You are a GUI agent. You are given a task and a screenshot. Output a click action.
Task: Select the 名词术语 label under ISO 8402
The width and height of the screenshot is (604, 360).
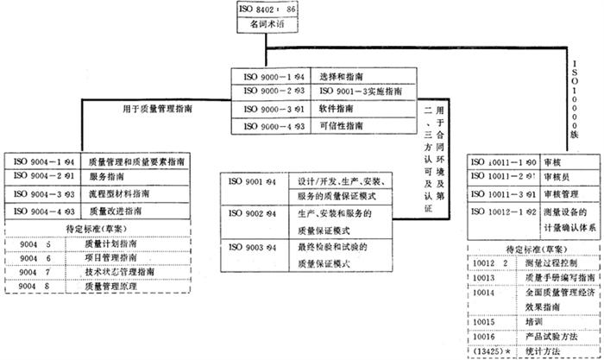click(268, 28)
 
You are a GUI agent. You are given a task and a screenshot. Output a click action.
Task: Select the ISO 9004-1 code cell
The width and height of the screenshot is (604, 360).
click(44, 161)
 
